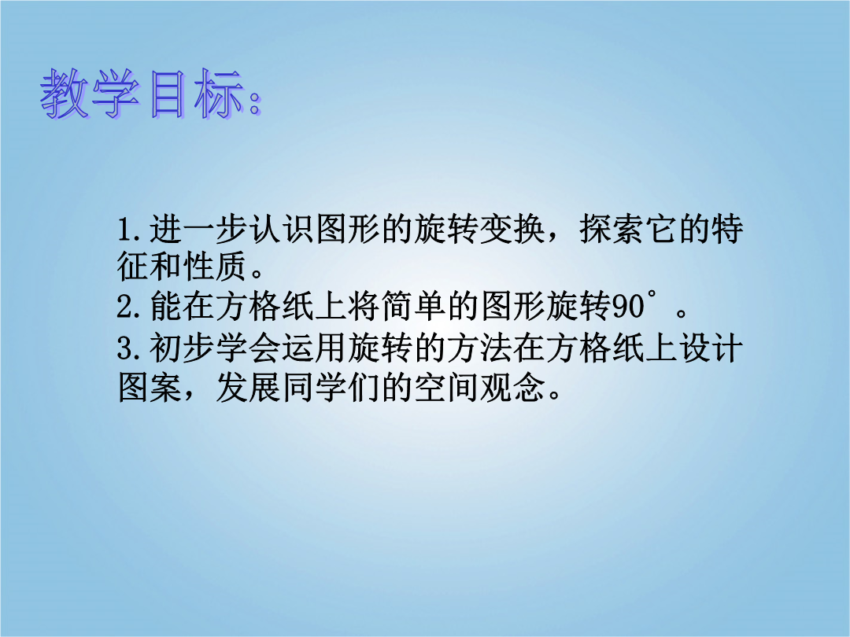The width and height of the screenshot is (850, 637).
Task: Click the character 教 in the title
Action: [65, 93]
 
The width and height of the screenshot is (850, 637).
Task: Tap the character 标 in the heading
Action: [220, 93]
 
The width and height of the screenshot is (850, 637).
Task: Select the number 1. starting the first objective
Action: [130, 230]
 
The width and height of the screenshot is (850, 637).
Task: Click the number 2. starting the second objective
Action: [130, 307]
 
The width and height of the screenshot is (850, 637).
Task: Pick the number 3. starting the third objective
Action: [130, 348]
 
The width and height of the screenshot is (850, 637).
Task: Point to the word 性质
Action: [215, 266]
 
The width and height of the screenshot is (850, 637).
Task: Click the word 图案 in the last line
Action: [150, 387]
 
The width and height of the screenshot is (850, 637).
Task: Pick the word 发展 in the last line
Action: [248, 387]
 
